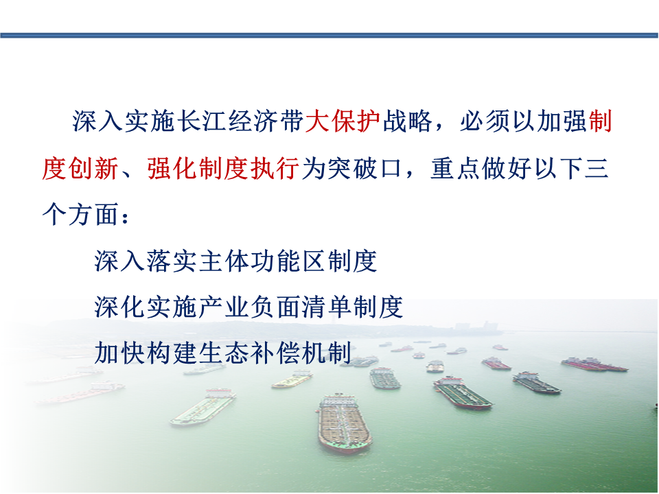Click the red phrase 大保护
[x=343, y=121]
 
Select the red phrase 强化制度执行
[x=224, y=169]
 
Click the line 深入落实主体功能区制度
[x=235, y=261]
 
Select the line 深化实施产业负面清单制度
[x=248, y=307]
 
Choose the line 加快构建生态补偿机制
[x=223, y=353]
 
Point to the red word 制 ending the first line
[x=600, y=121]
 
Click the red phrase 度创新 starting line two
[x=80, y=169]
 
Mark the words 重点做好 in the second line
[x=482, y=169]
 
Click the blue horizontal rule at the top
[x=329, y=35]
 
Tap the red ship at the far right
[x=594, y=364]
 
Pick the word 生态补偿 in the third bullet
[x=248, y=353]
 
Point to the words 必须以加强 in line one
[x=524, y=121]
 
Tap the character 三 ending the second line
[x=597, y=169]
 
